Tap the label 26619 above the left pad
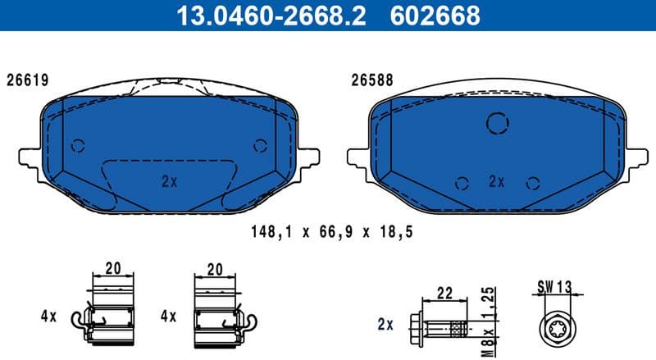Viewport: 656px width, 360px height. [x=28, y=80]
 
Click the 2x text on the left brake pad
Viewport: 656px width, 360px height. [x=169, y=182]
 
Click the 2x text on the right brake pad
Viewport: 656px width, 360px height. [x=496, y=181]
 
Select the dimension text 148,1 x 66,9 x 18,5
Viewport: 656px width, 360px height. [x=330, y=232]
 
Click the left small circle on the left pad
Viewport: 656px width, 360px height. [x=78, y=146]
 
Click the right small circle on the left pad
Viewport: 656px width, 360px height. [x=261, y=146]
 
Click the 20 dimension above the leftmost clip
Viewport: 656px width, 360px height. [x=112, y=268]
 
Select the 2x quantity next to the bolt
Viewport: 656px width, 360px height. [x=385, y=325]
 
